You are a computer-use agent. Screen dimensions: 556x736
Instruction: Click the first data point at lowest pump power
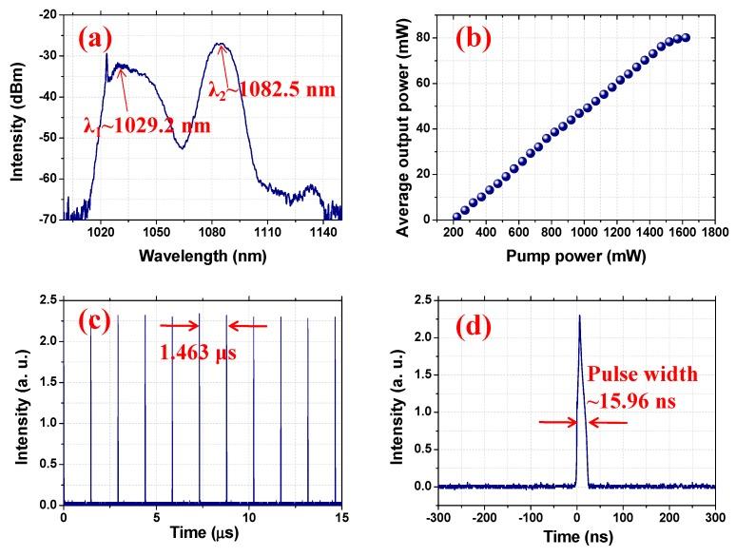(x=456, y=217)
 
